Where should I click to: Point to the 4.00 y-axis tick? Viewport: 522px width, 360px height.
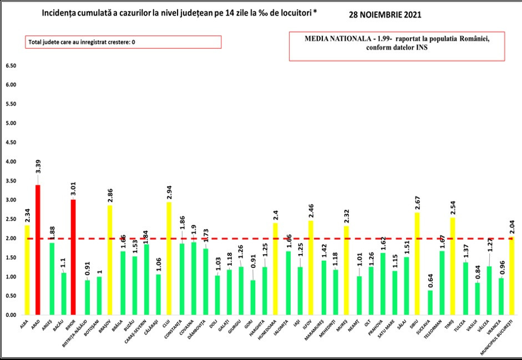[11, 161]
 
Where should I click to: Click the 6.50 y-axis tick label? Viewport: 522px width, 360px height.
[11, 66]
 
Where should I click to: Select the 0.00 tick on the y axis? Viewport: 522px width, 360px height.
[11, 315]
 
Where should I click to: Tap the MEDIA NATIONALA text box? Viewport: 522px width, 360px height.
[396, 44]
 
